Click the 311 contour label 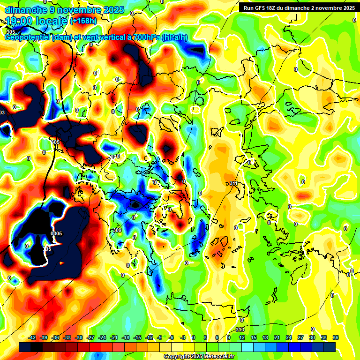coord(233,183)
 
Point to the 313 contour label coord(240,330)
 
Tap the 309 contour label coord(117,230)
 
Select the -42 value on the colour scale coord(32,337)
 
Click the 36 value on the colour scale coord(336,337)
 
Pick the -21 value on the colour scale coord(114,337)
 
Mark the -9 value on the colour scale coord(159,337)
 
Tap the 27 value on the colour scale coord(300,337)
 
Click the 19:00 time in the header coord(21,21)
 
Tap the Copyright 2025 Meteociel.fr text coord(199,357)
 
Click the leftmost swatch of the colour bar coord(25,346)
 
